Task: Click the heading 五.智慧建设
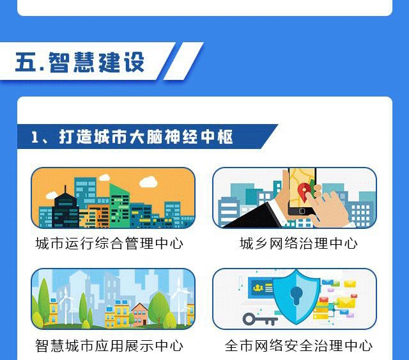(80, 61)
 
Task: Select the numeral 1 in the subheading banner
(36, 137)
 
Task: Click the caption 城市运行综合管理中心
(109, 244)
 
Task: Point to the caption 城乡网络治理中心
(298, 244)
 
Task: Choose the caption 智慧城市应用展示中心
(109, 346)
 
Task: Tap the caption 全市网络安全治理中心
(298, 346)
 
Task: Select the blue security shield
(296, 297)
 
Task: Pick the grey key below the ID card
(259, 318)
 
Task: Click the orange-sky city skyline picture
(113, 198)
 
